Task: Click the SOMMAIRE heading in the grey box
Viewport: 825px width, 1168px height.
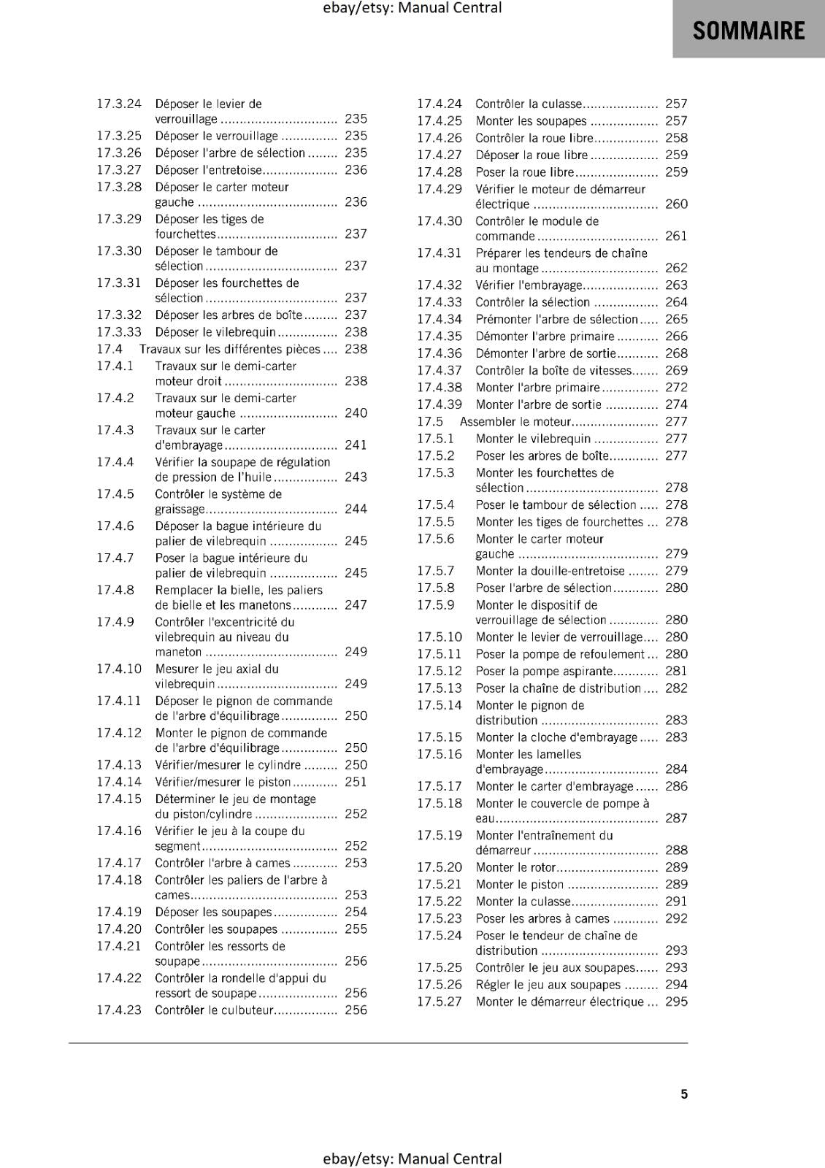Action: point(748,31)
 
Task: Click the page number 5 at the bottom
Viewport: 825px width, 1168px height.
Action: point(684,1094)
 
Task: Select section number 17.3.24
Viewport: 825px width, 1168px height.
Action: point(119,104)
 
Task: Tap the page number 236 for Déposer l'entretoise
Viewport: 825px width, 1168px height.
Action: point(356,169)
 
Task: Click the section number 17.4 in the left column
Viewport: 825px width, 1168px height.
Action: point(110,349)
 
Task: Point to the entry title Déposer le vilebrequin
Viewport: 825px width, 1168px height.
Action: point(215,332)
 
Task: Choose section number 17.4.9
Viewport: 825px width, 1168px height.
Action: point(115,622)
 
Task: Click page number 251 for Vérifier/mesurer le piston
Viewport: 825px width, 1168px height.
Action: point(356,782)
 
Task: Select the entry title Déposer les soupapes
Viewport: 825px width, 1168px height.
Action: point(213,912)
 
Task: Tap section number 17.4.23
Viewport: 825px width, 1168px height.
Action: point(119,1010)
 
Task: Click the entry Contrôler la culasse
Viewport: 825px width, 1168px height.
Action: point(529,104)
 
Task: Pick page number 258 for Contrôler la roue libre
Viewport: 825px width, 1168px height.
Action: point(676,138)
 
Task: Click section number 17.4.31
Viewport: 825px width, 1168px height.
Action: point(440,253)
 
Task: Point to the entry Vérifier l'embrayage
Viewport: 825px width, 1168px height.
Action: point(529,285)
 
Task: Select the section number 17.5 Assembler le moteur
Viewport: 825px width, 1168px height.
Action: point(430,421)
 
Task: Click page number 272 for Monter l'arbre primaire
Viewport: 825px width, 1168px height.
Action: point(676,388)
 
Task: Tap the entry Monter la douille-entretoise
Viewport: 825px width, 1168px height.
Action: point(550,571)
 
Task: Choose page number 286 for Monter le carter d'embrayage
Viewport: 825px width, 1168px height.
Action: point(676,786)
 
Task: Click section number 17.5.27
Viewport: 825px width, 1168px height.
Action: point(440,1002)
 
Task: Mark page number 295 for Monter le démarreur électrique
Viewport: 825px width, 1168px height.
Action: point(676,1002)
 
